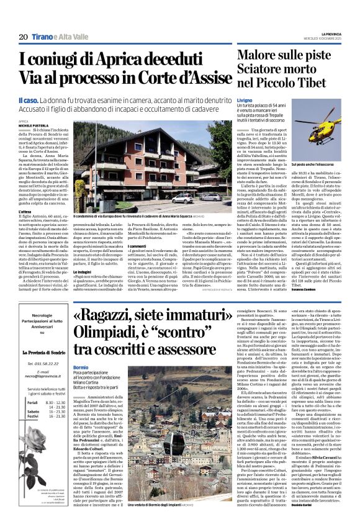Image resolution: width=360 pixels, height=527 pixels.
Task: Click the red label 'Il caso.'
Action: point(30,99)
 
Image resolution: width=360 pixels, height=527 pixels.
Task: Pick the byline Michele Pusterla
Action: point(33,125)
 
